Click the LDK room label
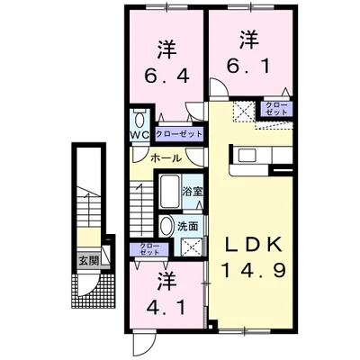click(253, 244)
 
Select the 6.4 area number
click(166, 76)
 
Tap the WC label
click(139, 135)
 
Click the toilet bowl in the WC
click(139, 120)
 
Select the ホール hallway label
click(166, 158)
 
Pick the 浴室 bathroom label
click(193, 192)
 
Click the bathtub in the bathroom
click(170, 191)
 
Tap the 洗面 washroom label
click(188, 227)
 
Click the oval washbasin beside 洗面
click(166, 226)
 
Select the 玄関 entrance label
click(88, 261)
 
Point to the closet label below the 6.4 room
click(179, 134)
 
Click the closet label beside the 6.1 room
click(276, 109)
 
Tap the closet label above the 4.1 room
click(149, 249)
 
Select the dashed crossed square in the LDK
click(244, 112)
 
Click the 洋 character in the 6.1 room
click(249, 40)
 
